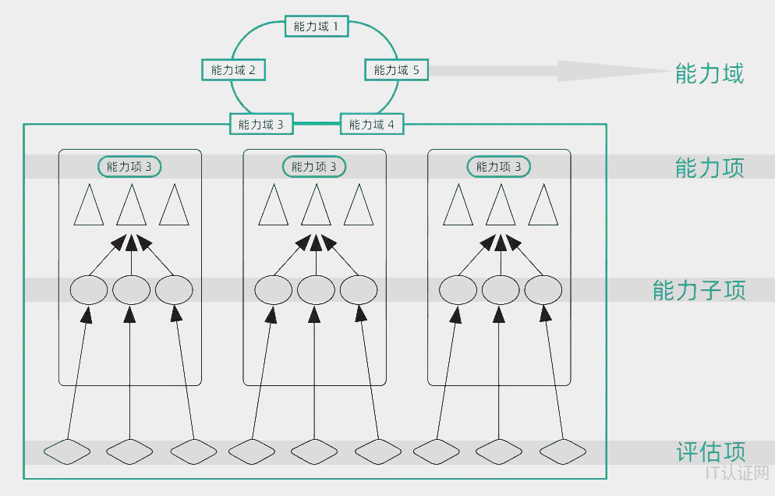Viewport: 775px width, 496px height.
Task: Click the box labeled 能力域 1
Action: click(x=316, y=27)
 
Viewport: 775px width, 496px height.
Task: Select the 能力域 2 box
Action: click(x=233, y=70)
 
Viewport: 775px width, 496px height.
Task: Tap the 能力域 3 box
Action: click(x=261, y=124)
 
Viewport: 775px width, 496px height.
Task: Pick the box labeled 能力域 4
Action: click(x=372, y=124)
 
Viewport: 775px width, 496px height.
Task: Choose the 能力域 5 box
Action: click(x=396, y=70)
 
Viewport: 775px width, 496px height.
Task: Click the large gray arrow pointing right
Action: click(x=546, y=70)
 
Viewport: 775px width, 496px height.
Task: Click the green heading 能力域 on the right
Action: click(x=709, y=74)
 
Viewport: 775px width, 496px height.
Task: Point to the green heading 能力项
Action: click(x=709, y=168)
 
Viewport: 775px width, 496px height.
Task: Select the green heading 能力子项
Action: click(x=699, y=290)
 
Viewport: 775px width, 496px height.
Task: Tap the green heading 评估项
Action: click(x=710, y=452)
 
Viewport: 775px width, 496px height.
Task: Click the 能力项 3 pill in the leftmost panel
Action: click(x=129, y=166)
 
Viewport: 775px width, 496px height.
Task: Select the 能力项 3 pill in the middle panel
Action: click(x=314, y=166)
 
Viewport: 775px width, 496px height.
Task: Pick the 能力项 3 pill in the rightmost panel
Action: click(x=499, y=166)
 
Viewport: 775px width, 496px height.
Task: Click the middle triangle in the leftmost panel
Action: click(x=132, y=206)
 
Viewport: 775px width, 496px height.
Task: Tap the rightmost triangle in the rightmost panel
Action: click(x=543, y=206)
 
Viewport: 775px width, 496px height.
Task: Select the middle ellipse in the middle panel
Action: click(x=316, y=290)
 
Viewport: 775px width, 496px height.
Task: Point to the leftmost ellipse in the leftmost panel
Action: click(x=89, y=290)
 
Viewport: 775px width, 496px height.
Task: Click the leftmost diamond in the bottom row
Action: click(x=66, y=451)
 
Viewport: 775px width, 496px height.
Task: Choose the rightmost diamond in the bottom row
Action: click(x=563, y=451)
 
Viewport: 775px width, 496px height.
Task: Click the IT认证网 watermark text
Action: click(x=736, y=473)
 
